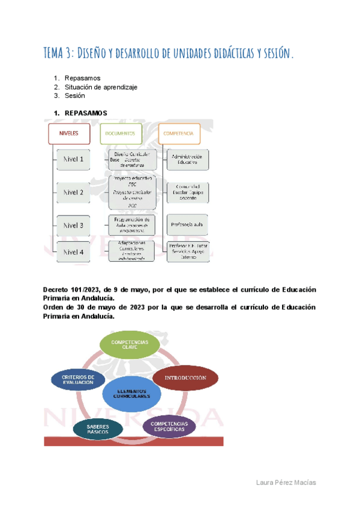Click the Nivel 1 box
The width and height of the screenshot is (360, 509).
73,160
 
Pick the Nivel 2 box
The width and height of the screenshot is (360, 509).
73,193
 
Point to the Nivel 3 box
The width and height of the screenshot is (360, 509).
73,226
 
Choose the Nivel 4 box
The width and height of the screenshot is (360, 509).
73,253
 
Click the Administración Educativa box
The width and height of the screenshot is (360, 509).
188,160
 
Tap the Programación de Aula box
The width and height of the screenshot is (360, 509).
131,224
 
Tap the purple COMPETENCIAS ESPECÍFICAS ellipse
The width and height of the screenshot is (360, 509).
170,427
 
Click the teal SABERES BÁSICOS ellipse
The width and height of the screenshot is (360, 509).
97,429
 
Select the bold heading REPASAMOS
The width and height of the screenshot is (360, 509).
86,113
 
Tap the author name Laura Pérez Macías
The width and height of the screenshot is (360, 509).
286,483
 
